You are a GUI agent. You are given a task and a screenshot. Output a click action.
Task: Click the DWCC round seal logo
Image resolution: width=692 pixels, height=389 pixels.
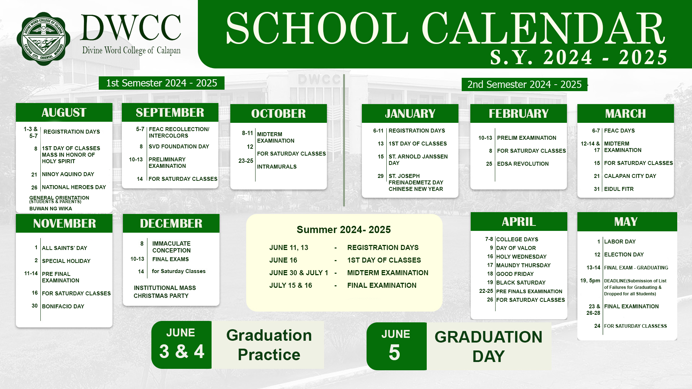click(x=44, y=39)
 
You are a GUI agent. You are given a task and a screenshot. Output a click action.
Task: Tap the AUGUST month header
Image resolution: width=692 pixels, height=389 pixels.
click(x=64, y=112)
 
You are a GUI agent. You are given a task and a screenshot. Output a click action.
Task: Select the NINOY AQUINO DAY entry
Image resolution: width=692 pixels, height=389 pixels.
click(x=68, y=174)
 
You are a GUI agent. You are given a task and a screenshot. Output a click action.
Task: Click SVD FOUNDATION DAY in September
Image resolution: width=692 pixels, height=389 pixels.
click(x=179, y=147)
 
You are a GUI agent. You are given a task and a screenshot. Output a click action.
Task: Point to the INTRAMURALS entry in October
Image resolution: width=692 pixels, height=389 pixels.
click(x=277, y=167)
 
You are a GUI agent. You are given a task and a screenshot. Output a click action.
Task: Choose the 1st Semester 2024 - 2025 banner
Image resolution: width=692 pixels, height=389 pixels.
click(x=161, y=83)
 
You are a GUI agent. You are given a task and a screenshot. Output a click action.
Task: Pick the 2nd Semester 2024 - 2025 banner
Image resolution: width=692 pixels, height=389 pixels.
click(x=524, y=84)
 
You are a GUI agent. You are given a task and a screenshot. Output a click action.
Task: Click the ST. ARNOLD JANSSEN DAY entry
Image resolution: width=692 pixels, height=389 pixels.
click(x=418, y=160)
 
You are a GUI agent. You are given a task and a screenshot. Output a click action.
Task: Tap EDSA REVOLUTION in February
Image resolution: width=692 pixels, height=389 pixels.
click(x=523, y=164)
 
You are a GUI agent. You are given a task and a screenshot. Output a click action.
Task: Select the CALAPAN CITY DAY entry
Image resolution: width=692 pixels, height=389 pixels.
click(x=630, y=176)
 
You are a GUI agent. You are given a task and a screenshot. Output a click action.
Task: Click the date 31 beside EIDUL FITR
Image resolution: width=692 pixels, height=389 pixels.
click(x=597, y=189)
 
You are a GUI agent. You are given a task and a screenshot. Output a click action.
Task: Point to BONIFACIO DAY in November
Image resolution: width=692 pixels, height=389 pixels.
click(x=63, y=307)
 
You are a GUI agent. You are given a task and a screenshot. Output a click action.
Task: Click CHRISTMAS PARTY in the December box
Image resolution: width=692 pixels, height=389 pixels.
click(x=161, y=296)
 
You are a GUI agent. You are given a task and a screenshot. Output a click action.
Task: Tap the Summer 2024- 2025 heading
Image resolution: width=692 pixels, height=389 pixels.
click(x=343, y=230)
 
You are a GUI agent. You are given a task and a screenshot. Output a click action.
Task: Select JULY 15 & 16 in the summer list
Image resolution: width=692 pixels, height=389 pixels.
click(x=290, y=286)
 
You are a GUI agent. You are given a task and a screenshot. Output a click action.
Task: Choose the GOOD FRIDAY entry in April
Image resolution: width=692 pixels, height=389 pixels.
click(x=515, y=274)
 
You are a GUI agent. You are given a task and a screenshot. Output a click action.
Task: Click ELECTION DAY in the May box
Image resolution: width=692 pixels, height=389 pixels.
click(x=624, y=255)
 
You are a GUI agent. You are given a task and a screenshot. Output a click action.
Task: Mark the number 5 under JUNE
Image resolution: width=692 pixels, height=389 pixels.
click(x=394, y=352)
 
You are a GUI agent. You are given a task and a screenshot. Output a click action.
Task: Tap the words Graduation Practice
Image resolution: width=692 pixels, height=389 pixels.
click(x=269, y=345)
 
